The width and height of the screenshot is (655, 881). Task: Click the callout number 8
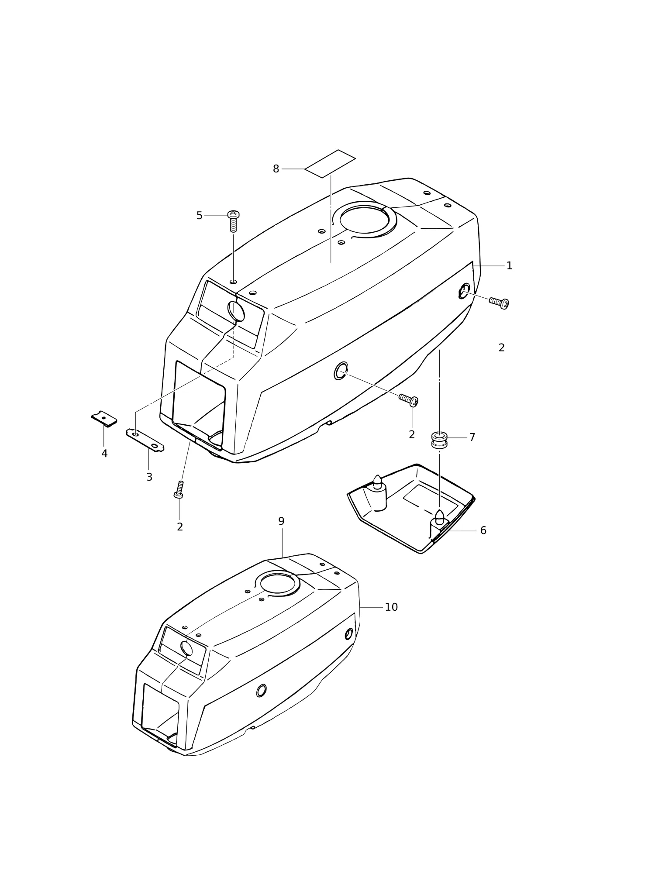[276, 169]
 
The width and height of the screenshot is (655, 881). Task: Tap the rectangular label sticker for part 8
[330, 164]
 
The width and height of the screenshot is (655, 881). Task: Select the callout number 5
[199, 216]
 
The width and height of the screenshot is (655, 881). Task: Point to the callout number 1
[509, 265]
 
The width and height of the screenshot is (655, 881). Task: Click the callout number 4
[104, 454]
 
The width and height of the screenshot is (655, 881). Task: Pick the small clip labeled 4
[104, 419]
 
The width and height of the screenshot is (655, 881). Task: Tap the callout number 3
[149, 477]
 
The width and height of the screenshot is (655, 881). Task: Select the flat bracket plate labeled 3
[145, 440]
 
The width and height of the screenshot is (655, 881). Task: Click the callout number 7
[472, 437]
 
